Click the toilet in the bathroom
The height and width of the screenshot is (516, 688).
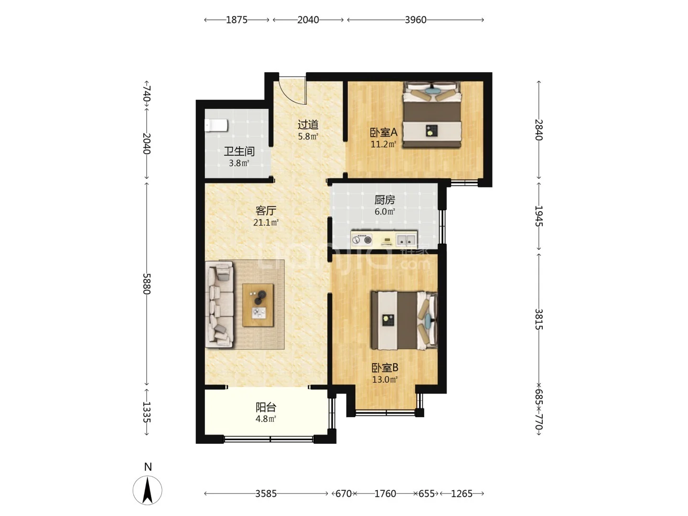(x=216, y=125)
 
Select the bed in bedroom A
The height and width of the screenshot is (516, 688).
(x=432, y=114)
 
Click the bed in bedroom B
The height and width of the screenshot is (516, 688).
(x=404, y=321)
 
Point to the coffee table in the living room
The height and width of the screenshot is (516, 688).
(x=258, y=305)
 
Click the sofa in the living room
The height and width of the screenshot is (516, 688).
(x=219, y=304)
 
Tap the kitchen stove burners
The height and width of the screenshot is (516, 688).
(x=361, y=240)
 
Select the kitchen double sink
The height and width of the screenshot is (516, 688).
(x=406, y=240)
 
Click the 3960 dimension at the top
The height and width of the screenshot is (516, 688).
(x=415, y=20)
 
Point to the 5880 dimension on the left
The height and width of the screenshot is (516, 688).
(x=147, y=284)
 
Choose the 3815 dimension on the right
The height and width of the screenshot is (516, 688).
(x=538, y=319)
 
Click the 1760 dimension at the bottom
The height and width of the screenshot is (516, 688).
(x=385, y=494)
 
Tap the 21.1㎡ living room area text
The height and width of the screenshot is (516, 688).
(x=266, y=223)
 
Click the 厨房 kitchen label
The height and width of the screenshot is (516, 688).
(x=385, y=200)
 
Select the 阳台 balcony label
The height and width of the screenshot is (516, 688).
(x=266, y=407)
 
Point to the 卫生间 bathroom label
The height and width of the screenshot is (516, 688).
(x=239, y=151)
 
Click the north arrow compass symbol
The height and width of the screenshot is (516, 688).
(x=147, y=490)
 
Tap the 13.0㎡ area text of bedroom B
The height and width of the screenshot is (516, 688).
(x=385, y=379)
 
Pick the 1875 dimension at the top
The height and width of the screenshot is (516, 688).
(x=236, y=20)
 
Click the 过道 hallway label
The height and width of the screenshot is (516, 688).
(x=308, y=125)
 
